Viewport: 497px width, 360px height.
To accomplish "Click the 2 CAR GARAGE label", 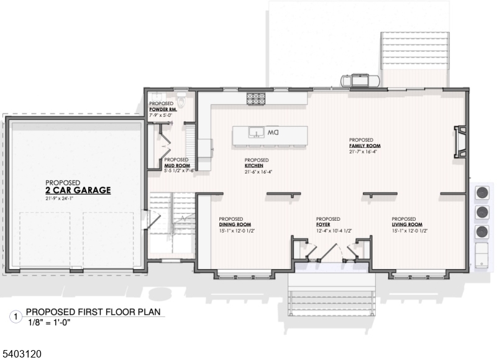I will click(78, 190).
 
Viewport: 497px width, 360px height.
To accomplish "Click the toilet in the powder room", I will click(181, 100).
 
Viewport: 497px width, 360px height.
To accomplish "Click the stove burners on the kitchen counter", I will click(255, 97).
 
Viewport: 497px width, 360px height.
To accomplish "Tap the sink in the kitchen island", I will click(255, 132).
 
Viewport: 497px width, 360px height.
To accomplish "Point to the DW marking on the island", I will click(274, 133).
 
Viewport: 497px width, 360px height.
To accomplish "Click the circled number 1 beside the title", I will click(16, 316).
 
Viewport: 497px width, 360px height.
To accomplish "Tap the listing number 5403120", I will click(22, 353).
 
